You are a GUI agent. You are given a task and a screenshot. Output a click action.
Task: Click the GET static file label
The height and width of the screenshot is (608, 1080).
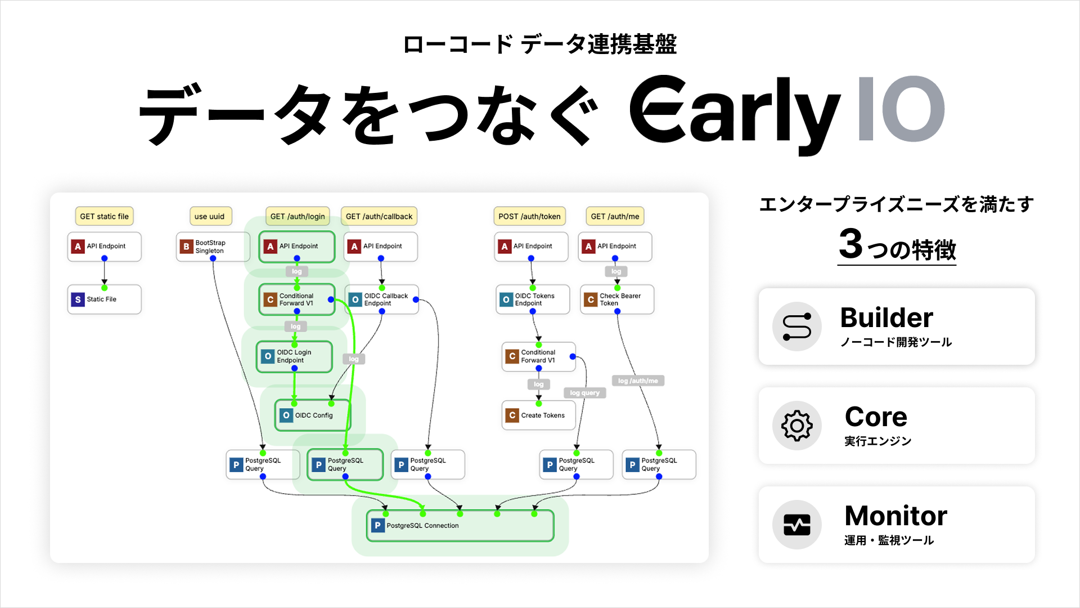point(104,216)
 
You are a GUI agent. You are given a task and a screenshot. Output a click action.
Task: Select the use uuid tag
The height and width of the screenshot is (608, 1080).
point(209,216)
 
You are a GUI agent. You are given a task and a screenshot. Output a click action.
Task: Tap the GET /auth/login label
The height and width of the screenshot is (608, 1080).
point(298,216)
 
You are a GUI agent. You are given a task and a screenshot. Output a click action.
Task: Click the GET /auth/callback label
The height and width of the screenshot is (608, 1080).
point(379,216)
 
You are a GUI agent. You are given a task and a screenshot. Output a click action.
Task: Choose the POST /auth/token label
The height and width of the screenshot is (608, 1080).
point(529,216)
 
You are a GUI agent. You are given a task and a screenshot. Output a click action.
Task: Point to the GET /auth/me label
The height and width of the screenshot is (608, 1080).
point(615,216)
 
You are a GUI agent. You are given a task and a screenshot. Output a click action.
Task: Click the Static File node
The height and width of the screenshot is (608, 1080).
point(104,299)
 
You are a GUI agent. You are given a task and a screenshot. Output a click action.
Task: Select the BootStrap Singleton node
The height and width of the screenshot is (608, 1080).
point(212,247)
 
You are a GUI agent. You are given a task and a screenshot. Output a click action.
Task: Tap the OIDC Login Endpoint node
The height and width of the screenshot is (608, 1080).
point(294,356)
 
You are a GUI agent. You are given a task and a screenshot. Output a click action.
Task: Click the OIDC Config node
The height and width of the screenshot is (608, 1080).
point(313,415)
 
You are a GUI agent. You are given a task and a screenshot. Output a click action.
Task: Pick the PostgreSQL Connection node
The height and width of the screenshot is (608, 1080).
point(460,526)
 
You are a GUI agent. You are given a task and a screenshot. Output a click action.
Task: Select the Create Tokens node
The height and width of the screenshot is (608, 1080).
point(538,415)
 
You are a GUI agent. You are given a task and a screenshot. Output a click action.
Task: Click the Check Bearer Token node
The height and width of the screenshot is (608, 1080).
point(616,299)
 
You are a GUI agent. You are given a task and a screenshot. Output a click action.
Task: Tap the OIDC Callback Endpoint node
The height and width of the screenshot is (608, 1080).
point(381,299)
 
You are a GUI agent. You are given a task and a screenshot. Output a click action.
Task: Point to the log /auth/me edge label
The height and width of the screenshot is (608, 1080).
point(638,381)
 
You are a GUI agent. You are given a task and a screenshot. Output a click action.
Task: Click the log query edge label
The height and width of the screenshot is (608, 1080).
point(584,393)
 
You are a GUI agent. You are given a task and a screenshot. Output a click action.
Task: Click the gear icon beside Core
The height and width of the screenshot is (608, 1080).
point(796,426)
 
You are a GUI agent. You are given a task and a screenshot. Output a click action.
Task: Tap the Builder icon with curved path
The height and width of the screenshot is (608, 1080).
point(796,327)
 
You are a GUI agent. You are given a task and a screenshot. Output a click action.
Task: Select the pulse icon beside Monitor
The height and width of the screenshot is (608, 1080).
point(796,525)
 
